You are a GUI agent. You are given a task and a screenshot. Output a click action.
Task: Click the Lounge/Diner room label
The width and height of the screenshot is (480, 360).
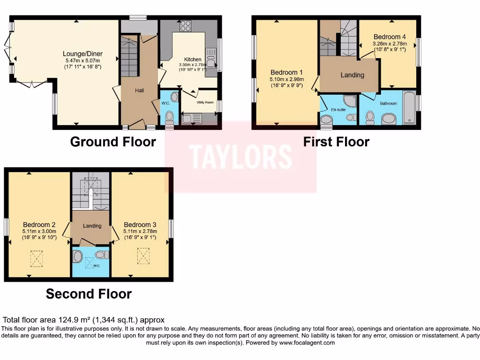[x=83, y=54]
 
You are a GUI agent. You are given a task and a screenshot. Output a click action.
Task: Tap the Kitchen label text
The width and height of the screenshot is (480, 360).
[x=193, y=60]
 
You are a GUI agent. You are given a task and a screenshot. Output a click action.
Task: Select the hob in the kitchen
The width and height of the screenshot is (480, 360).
[x=185, y=25]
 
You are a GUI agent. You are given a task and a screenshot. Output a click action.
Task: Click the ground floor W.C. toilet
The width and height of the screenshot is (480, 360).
[x=169, y=116]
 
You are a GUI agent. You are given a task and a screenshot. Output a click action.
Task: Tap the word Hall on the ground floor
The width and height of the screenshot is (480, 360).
[x=140, y=90]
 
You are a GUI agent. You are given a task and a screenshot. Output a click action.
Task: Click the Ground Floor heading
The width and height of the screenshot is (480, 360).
[x=113, y=142]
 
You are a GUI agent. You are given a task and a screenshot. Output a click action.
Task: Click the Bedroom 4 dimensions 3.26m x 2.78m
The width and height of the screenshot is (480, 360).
[x=390, y=44]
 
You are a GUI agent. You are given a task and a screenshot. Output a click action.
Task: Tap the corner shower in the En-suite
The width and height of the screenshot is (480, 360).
[x=350, y=101]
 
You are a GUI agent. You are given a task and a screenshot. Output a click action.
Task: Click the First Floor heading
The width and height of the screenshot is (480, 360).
[x=336, y=142]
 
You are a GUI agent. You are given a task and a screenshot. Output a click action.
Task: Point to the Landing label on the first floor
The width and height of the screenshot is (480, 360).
[x=352, y=75]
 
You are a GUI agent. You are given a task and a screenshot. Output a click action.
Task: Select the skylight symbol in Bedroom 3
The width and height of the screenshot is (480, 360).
[x=143, y=255]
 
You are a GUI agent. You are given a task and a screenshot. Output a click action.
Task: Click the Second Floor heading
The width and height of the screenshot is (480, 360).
[x=89, y=294]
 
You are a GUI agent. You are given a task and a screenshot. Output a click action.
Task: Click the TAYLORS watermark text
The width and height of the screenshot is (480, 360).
[x=240, y=157]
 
